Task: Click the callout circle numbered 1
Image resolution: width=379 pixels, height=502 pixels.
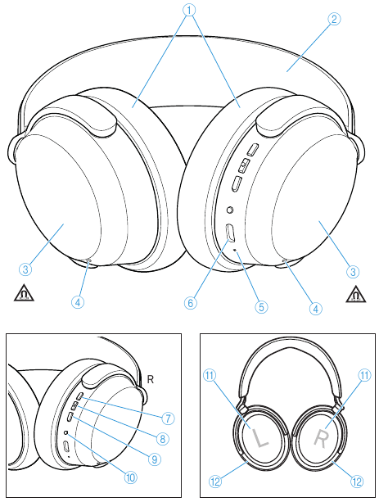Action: pos(189,10)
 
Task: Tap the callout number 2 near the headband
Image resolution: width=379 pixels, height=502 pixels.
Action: pos(334,19)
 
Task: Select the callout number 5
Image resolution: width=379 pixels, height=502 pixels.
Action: pos(261,307)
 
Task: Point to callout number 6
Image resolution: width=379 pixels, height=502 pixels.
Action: pos(191,303)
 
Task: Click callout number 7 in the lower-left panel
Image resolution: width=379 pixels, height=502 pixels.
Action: pos(168,418)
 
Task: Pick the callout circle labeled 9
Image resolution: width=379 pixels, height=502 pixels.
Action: pos(155,459)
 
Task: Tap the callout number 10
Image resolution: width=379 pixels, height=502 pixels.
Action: pos(131,477)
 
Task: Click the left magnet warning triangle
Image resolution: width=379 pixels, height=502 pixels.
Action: pos(24,294)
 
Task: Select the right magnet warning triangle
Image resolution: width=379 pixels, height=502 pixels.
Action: pos(355,295)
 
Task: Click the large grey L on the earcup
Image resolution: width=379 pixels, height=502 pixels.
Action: pos(259,438)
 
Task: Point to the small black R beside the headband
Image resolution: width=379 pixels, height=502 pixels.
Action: pos(150,379)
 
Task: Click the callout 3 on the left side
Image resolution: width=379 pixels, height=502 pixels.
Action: pos(25,269)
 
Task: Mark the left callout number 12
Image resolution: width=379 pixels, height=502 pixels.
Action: pos(215,482)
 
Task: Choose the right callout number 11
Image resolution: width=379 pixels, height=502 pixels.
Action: pos(365,375)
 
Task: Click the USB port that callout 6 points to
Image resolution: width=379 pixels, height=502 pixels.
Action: pos(231,233)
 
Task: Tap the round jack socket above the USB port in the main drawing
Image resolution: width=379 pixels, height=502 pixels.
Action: pos(229,210)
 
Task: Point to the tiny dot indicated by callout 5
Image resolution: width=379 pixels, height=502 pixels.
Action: pos(236,250)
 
